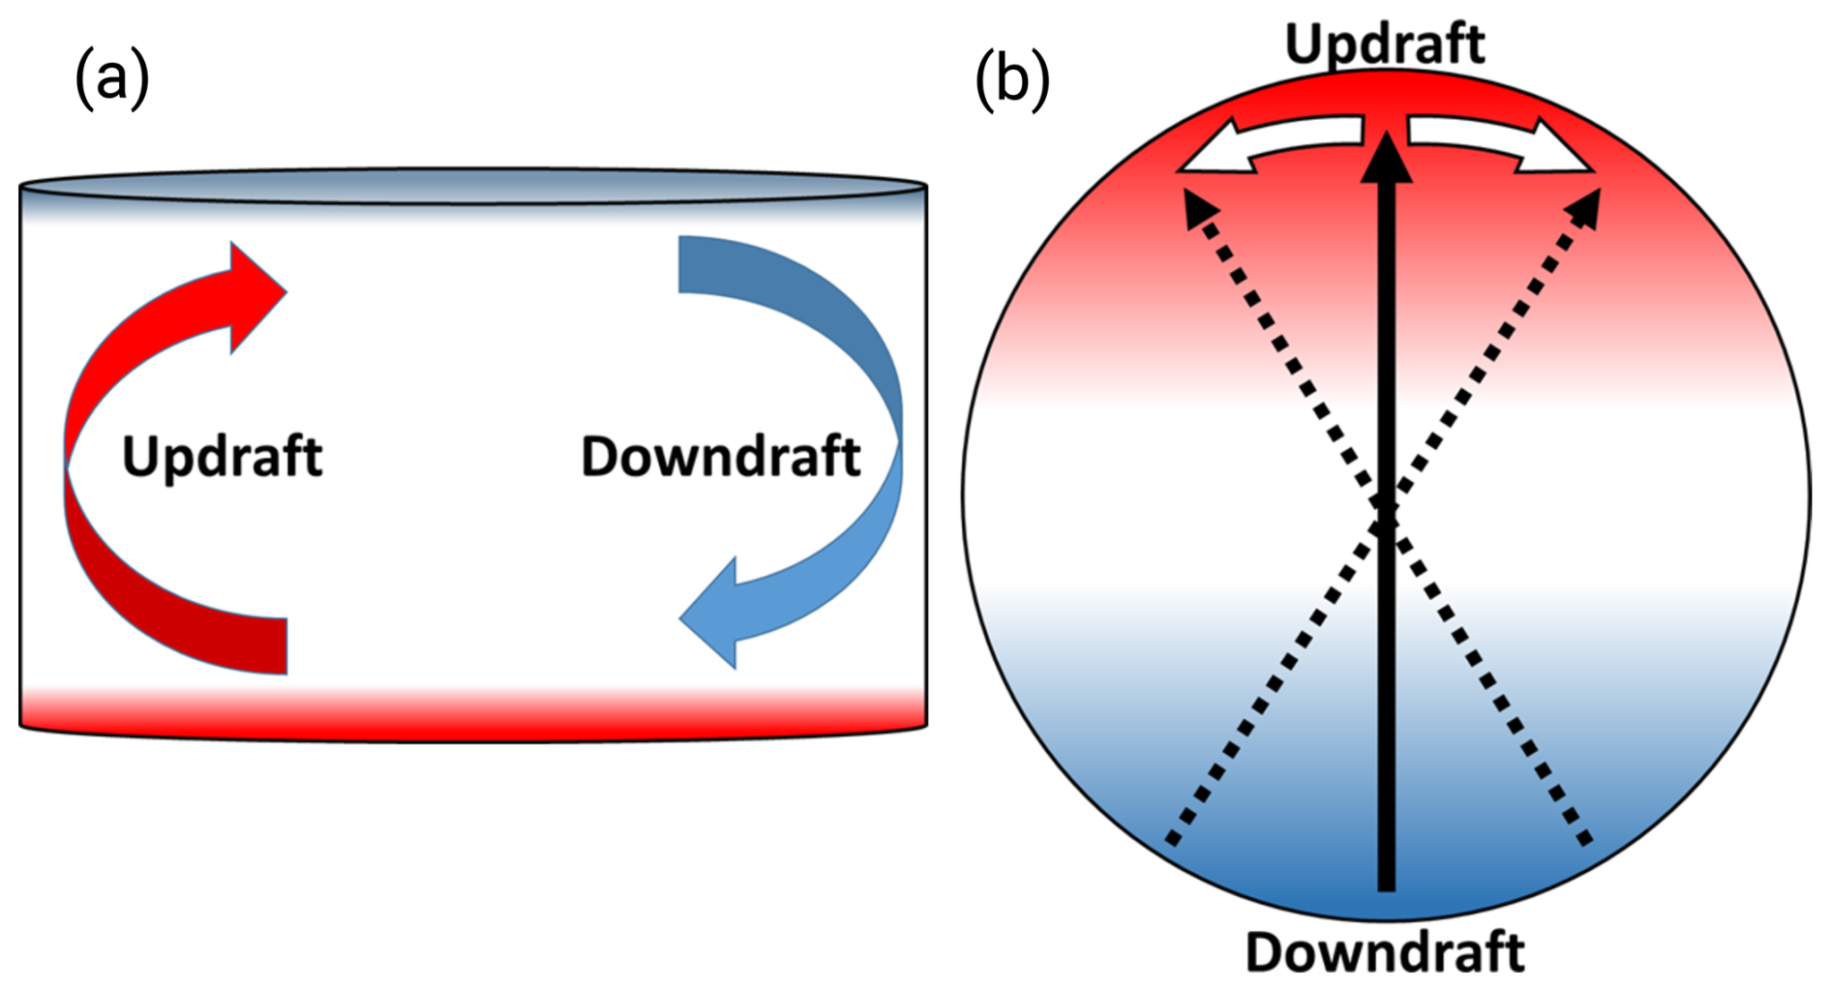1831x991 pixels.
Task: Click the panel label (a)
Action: tap(112, 77)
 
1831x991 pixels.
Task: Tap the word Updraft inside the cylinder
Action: tap(222, 456)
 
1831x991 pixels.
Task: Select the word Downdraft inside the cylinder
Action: tap(720, 456)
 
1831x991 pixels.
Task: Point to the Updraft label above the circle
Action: tap(1385, 43)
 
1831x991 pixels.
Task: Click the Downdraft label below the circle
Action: tap(1385, 952)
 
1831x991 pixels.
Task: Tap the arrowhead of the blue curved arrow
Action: tap(712, 614)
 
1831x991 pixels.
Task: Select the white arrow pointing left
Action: tap(1258, 145)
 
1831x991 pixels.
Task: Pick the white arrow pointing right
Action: tap(1510, 145)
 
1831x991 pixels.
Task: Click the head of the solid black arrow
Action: tap(1387, 160)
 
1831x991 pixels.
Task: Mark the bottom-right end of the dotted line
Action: tap(1584, 840)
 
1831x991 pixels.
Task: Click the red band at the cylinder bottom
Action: tap(473, 716)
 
